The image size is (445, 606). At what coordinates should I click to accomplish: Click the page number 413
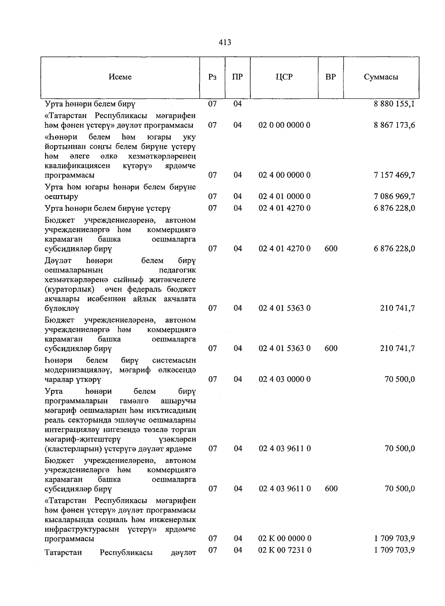(x=225, y=42)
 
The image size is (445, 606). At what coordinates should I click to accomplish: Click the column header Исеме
(x=120, y=77)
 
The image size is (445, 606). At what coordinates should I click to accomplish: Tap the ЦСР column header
(x=284, y=77)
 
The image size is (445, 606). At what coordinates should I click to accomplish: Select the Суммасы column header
(x=381, y=77)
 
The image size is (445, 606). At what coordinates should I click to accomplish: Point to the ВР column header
(x=330, y=77)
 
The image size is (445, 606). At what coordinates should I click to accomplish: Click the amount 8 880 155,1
(x=395, y=104)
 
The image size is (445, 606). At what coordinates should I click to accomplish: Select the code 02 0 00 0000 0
(x=284, y=125)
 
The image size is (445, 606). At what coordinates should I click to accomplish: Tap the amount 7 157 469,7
(x=395, y=175)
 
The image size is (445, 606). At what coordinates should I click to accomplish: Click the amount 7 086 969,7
(x=395, y=196)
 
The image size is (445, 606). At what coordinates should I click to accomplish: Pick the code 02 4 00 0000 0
(x=284, y=175)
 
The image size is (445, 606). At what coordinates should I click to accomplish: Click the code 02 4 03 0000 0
(x=284, y=379)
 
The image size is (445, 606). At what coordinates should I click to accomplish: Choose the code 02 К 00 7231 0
(x=284, y=550)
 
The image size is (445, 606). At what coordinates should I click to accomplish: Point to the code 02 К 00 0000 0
(x=284, y=538)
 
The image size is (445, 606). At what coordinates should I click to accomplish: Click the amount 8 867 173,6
(x=395, y=125)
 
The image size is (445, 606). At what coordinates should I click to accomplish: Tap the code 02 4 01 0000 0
(x=284, y=196)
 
